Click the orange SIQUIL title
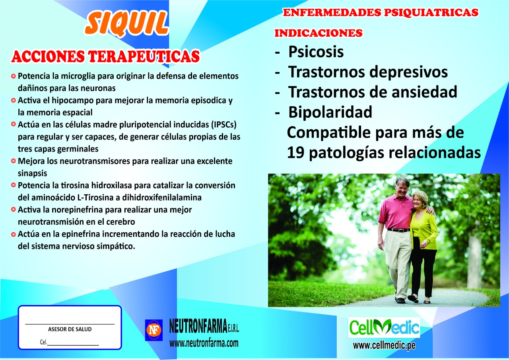(x=126, y=23)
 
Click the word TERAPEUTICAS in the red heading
(x=144, y=56)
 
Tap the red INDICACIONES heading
(x=319, y=33)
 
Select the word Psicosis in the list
(x=316, y=52)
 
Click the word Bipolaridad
(x=330, y=112)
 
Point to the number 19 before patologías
(x=295, y=152)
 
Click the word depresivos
(x=408, y=72)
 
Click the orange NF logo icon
(x=154, y=330)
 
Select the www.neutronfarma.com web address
(x=204, y=343)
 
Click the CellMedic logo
(x=384, y=327)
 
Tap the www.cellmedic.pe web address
(x=384, y=345)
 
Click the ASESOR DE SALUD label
(x=70, y=329)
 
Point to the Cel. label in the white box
(x=43, y=342)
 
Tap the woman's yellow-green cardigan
(x=424, y=229)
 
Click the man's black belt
(x=399, y=230)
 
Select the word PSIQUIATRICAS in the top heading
(x=431, y=12)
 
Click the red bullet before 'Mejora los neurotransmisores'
(x=14, y=161)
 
